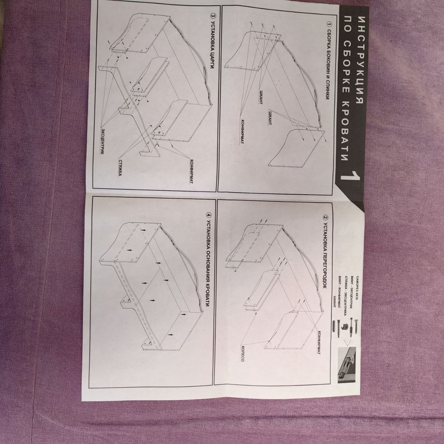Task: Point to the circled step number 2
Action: (326, 217)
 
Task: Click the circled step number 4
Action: (208, 215)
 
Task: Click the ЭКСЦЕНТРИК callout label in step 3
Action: (102, 141)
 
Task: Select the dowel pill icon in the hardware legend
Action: (334, 328)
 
